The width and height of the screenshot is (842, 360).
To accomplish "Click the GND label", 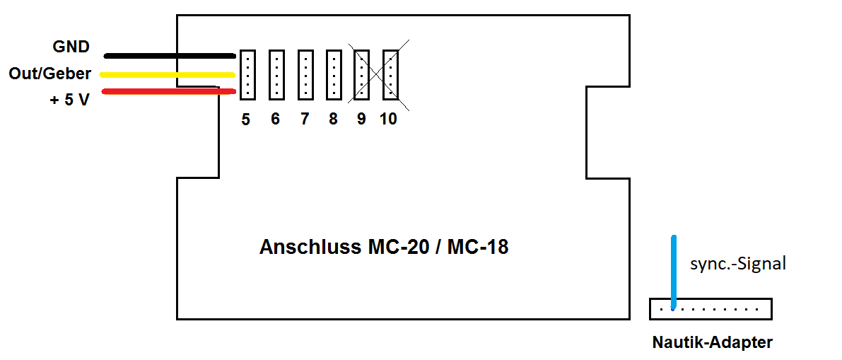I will pos(71,47).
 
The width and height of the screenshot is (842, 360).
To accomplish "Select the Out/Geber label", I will pos(49,74).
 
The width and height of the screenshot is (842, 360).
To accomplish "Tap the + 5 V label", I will pos(69,100).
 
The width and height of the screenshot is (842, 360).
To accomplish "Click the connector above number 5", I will pos(247,74).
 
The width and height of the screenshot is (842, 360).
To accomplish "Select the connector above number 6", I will pos(276,74).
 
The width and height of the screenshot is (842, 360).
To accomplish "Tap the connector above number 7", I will pos(305,74).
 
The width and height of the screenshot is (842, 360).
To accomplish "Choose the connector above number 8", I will pos(334,74).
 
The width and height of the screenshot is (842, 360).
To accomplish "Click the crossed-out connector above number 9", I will pos(362,74).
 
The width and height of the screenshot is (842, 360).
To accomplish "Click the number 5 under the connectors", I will pos(245,120).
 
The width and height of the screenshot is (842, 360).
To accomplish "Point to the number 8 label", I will pos(333,120).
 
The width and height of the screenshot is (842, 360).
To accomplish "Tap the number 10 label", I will pos(388,120).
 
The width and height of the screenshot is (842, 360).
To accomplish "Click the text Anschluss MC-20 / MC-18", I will pos(384,248).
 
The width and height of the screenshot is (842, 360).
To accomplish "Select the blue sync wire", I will pos(674,269).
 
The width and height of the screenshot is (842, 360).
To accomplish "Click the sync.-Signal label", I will pos(737,265).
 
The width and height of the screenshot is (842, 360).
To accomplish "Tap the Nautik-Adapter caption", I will pos(712,343).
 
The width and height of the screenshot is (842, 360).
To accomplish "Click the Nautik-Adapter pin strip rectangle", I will pos(711,309).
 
